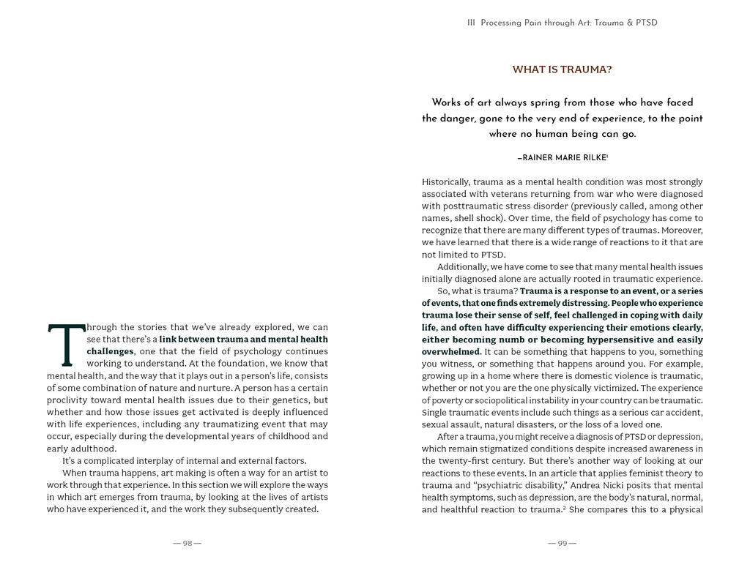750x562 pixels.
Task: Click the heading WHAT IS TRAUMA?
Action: tap(562, 70)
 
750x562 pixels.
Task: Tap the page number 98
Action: tap(187, 544)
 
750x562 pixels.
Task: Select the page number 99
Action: tap(562, 544)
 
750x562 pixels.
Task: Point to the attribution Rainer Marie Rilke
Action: tap(562, 157)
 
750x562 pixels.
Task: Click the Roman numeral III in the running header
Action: tap(471, 23)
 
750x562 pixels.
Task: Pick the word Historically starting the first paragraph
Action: tap(445, 181)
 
